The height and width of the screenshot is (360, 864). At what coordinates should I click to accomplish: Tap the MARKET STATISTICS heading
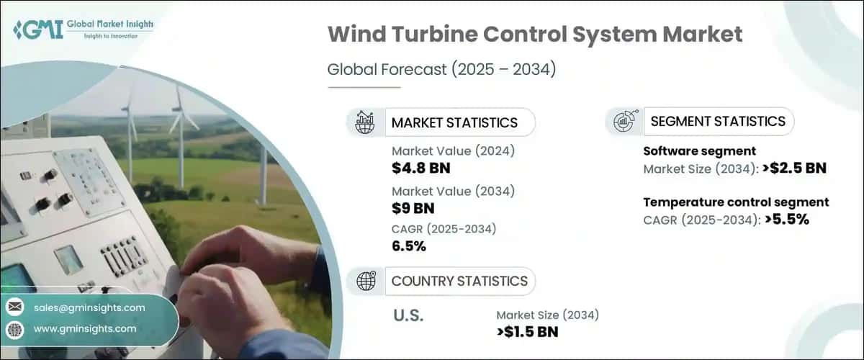[454, 122]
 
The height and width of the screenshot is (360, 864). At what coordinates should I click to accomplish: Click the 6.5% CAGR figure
[409, 247]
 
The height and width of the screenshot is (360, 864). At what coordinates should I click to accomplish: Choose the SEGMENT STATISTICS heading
[718, 122]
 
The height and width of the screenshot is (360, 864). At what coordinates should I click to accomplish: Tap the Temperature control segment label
[736, 202]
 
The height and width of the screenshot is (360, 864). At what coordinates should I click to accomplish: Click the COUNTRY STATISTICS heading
[459, 281]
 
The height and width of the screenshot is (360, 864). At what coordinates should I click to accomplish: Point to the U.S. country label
[409, 315]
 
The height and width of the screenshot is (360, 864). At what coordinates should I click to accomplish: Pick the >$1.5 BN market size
[528, 331]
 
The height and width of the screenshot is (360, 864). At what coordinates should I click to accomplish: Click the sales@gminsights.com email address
[89, 307]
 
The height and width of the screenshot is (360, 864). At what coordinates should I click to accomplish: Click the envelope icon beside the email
[15, 307]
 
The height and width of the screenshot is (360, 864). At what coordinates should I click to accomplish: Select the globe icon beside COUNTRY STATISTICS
[365, 281]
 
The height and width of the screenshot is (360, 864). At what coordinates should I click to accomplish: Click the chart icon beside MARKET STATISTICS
[365, 122]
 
